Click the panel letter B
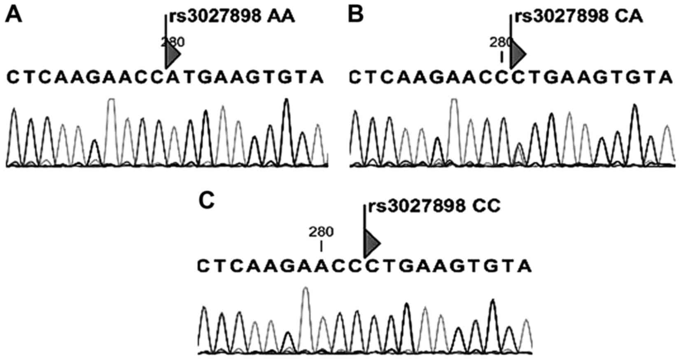pyautogui.click(x=355, y=16)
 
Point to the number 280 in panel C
pyautogui.click(x=321, y=232)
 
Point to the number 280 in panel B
pyautogui.click(x=500, y=42)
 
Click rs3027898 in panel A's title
pyautogui.click(x=214, y=17)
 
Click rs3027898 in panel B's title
pyautogui.click(x=562, y=17)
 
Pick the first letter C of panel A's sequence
pyautogui.click(x=13, y=77)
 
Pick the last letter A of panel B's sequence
pyautogui.click(x=665, y=77)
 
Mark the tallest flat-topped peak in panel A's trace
pyautogui.click(x=111, y=100)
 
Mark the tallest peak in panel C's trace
pyautogui.click(x=305, y=289)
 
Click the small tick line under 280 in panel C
pyautogui.click(x=321, y=246)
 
